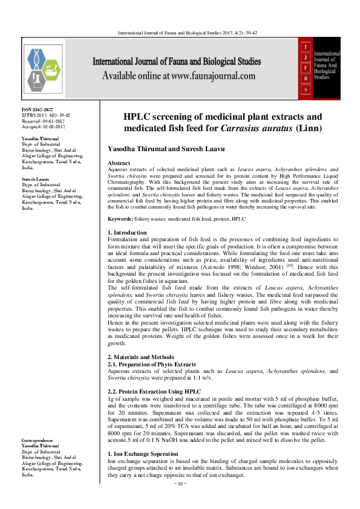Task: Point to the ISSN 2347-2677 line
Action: [38, 109]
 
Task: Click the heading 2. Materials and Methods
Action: [141, 357]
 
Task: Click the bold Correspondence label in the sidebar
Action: [37, 441]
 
